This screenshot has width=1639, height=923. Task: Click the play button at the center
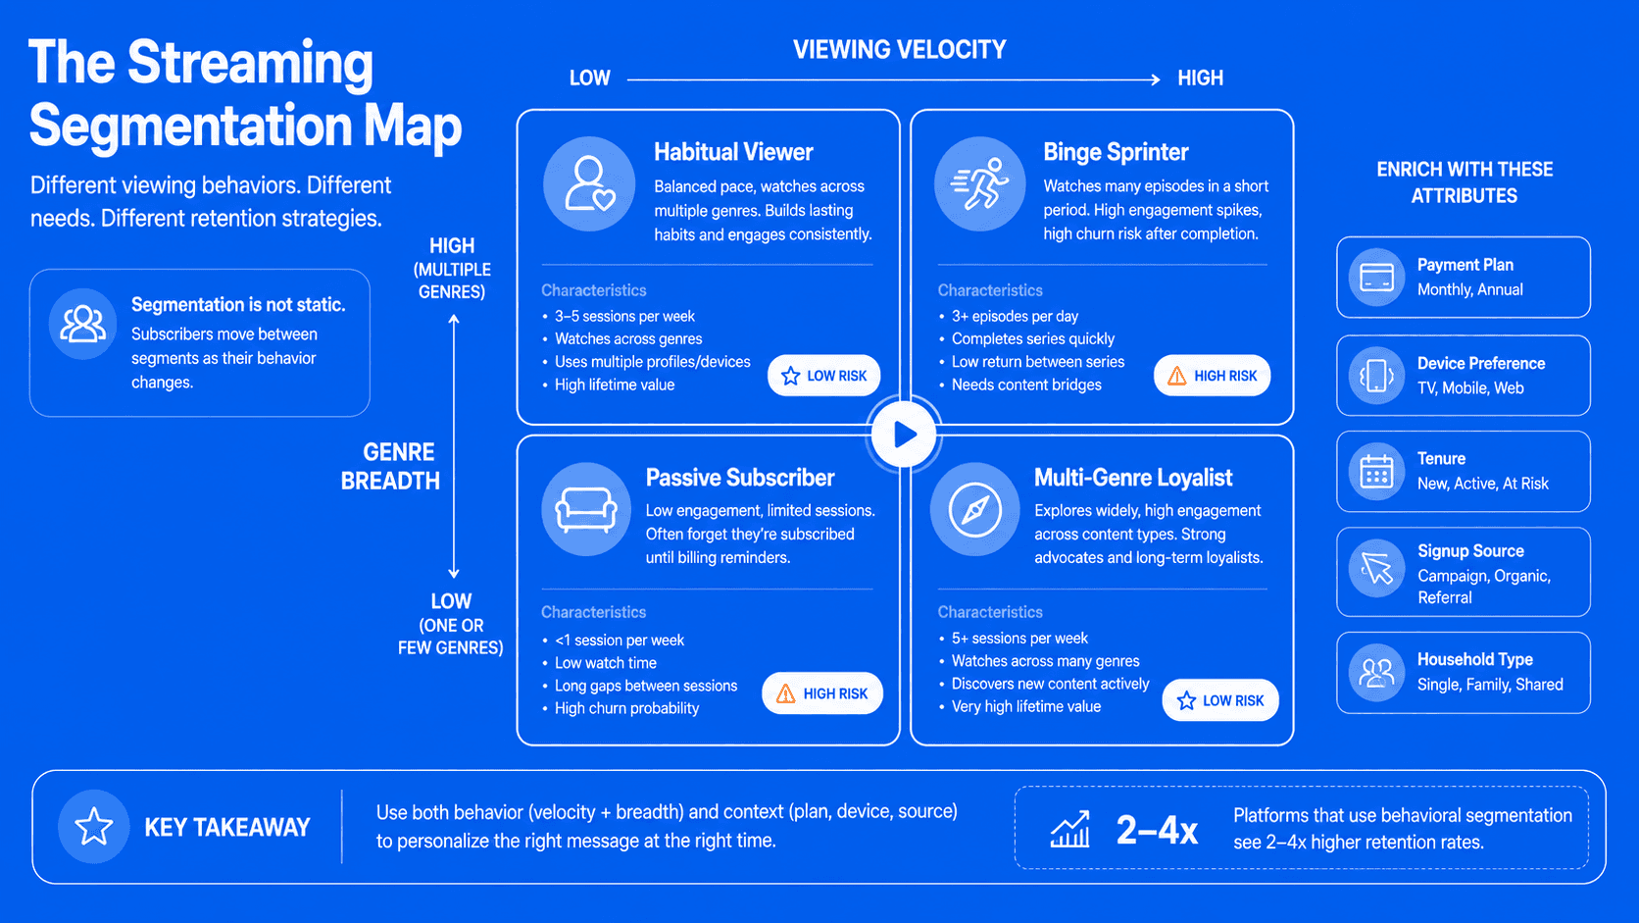905,435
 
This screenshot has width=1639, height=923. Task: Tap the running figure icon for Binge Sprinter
980,183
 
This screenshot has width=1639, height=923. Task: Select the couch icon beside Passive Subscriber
586,509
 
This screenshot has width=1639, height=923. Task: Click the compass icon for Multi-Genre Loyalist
974,509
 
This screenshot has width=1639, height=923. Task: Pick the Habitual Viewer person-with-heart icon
589,183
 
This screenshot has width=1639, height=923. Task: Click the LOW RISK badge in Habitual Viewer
823,376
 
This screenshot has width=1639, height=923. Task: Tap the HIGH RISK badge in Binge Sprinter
1212,376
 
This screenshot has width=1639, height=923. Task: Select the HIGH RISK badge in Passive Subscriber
821,693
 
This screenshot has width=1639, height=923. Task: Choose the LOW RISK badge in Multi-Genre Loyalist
1219,700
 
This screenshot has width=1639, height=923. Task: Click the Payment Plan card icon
1376,278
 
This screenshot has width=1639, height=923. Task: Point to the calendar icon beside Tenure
1376,472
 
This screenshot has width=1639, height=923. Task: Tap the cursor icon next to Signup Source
1376,569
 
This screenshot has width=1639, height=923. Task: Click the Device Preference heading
1481,363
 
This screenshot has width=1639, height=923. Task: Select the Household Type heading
1475,659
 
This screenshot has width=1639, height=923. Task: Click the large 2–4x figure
1157,830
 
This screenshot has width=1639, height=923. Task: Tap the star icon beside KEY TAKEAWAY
94,826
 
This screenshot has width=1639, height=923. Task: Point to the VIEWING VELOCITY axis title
899,50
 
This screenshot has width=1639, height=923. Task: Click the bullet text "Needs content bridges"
1025,385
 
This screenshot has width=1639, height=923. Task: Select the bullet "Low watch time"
605,663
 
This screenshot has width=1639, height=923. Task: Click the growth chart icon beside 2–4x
1070,829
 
